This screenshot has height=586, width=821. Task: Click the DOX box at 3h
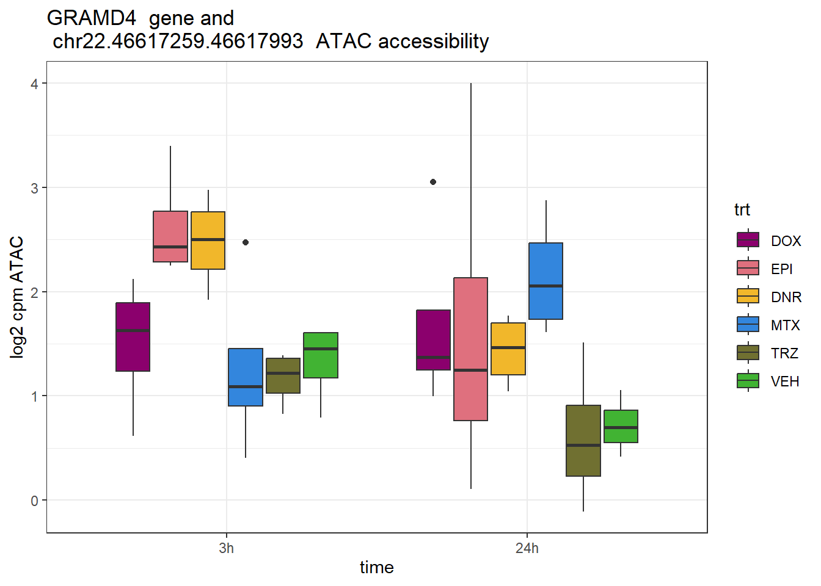(x=133, y=337)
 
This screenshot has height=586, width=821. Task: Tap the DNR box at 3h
(x=208, y=241)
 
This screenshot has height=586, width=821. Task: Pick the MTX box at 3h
(x=246, y=377)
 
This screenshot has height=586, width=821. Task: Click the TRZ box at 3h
(x=283, y=375)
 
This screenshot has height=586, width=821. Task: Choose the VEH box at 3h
(x=321, y=355)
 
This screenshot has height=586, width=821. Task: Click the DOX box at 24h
(x=433, y=340)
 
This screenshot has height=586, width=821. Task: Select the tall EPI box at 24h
(x=471, y=349)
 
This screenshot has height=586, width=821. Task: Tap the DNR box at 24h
(x=508, y=349)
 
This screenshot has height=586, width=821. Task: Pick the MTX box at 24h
(x=546, y=281)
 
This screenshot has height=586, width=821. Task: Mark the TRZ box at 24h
(x=583, y=441)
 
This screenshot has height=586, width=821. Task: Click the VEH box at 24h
(x=621, y=426)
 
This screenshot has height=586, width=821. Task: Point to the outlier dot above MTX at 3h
(x=246, y=242)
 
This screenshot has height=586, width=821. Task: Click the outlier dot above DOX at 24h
(x=433, y=182)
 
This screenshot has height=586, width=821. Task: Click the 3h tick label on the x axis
(x=227, y=548)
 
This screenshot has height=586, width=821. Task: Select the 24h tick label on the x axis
(x=527, y=548)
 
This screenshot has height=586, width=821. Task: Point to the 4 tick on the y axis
(x=34, y=84)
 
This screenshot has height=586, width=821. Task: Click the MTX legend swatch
(x=748, y=324)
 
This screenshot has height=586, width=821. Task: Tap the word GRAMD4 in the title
(x=92, y=18)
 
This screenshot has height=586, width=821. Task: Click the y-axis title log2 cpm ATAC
(x=17, y=297)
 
